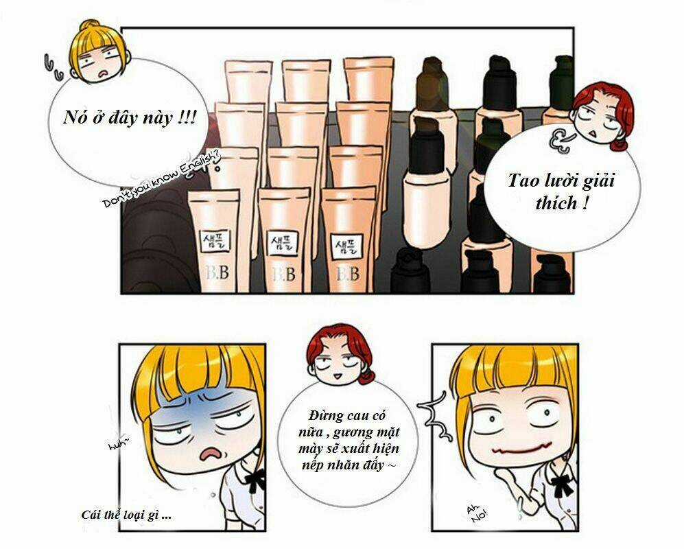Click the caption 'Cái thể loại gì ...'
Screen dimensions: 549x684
click(126, 515)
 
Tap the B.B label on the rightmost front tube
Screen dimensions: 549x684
click(345, 273)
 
